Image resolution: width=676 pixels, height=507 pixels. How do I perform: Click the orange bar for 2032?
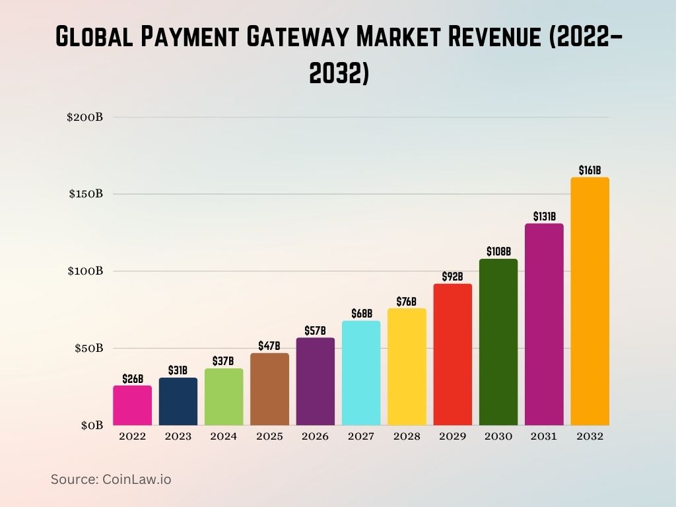point(590,301)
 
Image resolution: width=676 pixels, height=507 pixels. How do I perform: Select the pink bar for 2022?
point(132,405)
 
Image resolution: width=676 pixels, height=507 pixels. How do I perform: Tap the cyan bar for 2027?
point(361,373)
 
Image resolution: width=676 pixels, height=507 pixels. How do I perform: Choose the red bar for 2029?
point(453,355)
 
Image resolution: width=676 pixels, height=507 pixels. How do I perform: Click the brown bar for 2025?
point(269,389)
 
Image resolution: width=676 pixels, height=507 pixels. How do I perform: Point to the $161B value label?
point(590,170)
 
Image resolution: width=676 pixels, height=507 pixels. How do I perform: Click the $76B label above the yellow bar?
point(407,302)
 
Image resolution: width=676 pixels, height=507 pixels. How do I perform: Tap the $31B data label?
point(178,370)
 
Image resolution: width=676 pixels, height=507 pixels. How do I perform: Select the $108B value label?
point(498,252)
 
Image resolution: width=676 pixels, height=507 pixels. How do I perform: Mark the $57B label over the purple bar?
point(315,331)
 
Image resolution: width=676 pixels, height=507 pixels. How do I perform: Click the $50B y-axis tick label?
point(88,348)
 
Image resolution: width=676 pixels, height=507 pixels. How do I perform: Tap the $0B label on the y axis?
point(92,425)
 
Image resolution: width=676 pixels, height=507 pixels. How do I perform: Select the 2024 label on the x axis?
point(224,436)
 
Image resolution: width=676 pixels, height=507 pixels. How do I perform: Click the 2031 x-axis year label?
point(544,436)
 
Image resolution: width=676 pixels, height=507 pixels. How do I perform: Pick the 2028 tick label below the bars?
point(407,436)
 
